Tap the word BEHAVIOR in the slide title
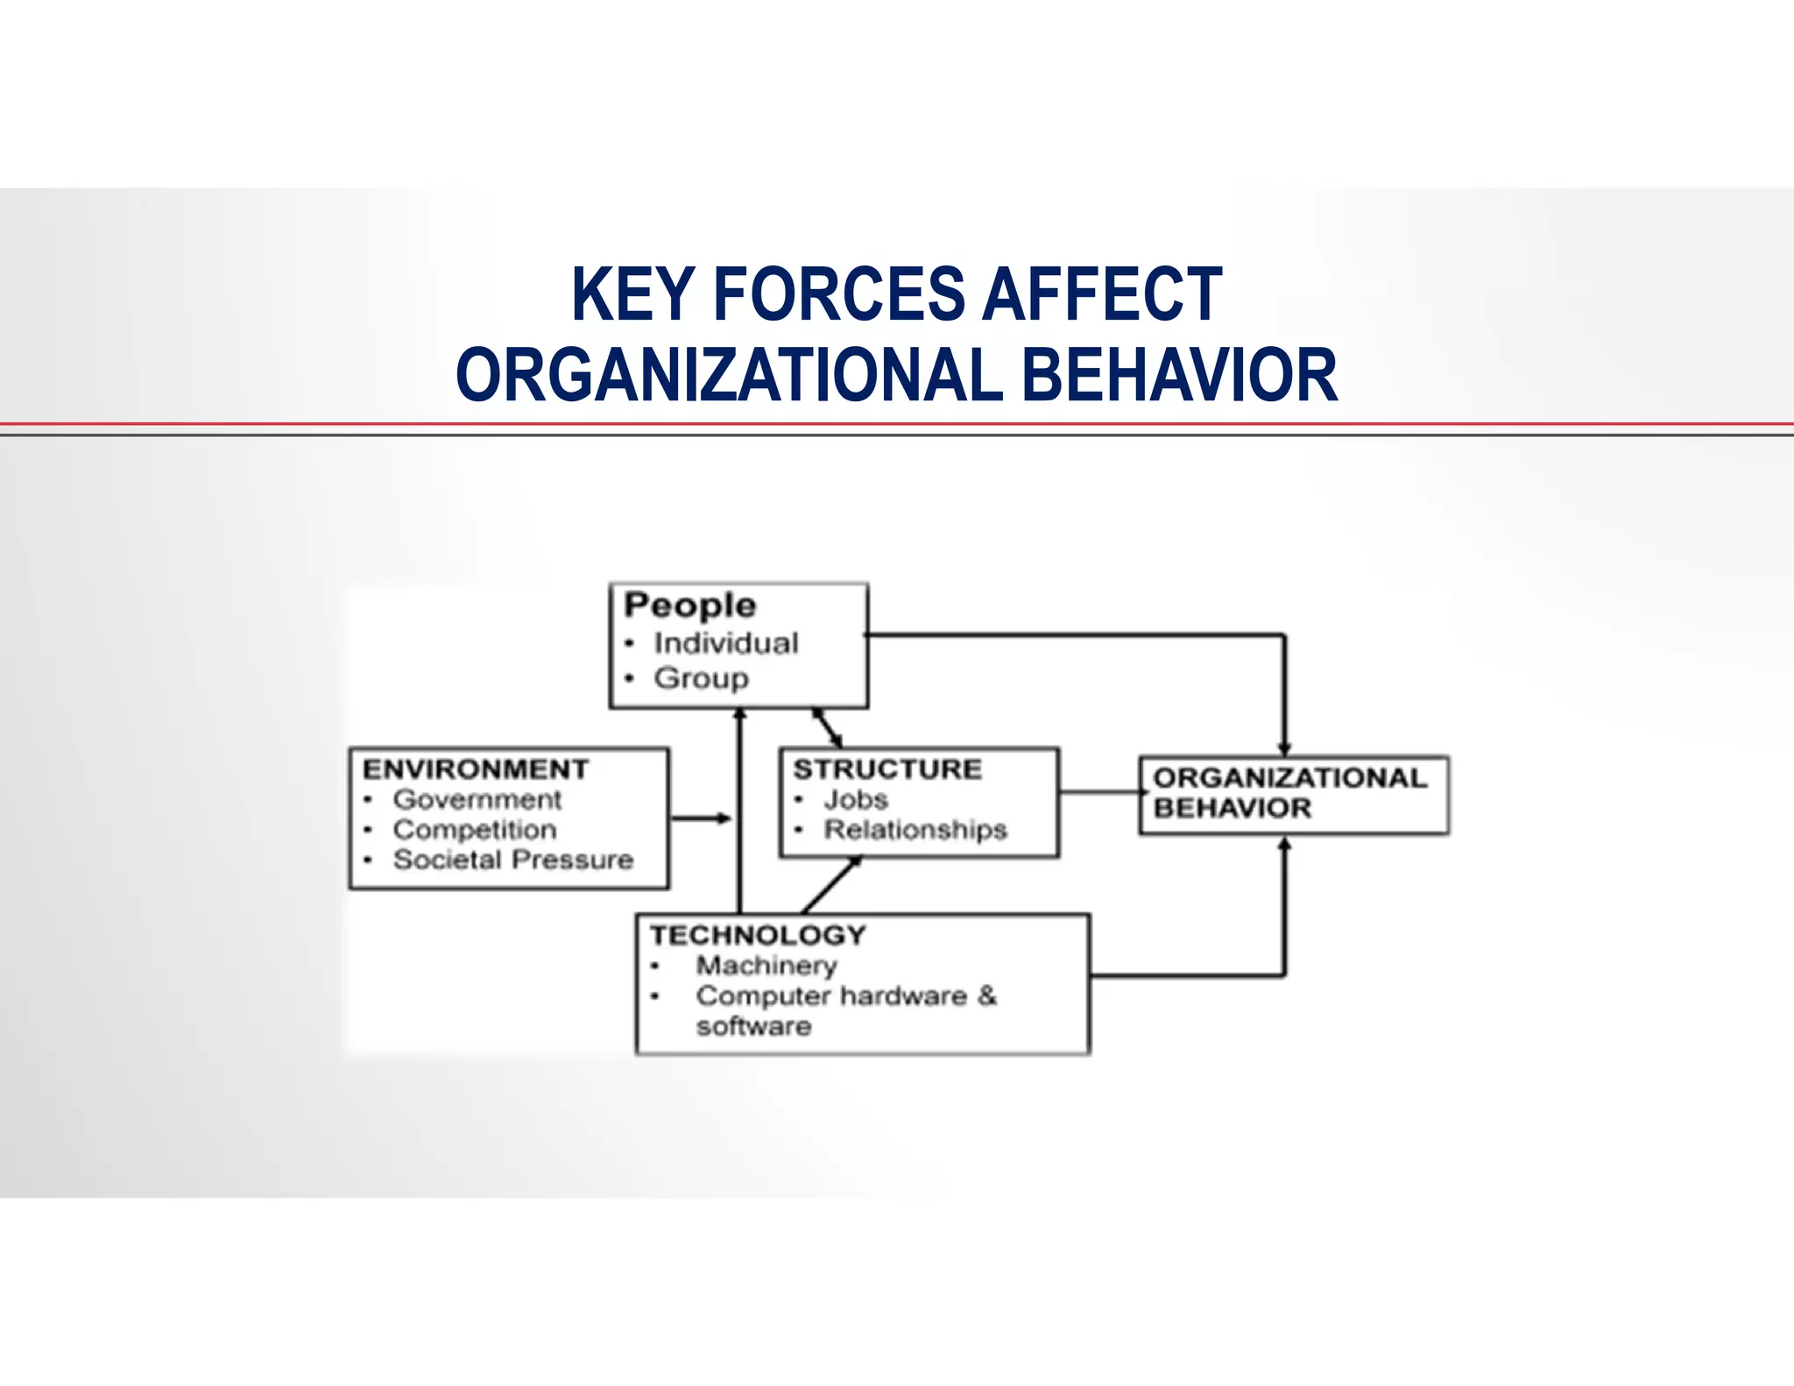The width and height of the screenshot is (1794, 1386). pyautogui.click(x=1179, y=375)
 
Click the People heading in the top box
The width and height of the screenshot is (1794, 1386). pyautogui.click(x=689, y=605)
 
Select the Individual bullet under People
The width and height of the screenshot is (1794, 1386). pyautogui.click(x=725, y=643)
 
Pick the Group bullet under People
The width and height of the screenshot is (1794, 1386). pyautogui.click(x=701, y=678)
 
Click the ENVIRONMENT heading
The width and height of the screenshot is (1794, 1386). pyautogui.click(x=476, y=769)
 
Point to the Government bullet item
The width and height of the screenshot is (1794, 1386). pyautogui.click(x=477, y=800)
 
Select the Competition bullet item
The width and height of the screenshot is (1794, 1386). pyautogui.click(x=474, y=830)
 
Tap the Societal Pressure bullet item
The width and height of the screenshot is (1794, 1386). pyautogui.click(x=512, y=859)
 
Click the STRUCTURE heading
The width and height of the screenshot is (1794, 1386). pyautogui.click(x=887, y=769)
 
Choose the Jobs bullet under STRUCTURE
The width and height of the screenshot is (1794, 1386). pyautogui.click(x=855, y=800)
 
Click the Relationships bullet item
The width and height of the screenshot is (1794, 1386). pyautogui.click(x=915, y=830)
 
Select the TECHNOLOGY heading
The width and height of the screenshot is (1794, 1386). pyautogui.click(x=758, y=935)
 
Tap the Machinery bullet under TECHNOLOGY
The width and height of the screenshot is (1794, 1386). pyautogui.click(x=766, y=965)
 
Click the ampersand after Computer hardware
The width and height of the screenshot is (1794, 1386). pyautogui.click(x=987, y=995)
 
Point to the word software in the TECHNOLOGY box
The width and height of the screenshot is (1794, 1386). pyautogui.click(x=753, y=1026)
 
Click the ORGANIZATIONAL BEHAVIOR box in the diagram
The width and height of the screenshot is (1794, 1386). pyautogui.click(x=1293, y=795)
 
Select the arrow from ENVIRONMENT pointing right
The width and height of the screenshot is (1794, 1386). pyautogui.click(x=700, y=818)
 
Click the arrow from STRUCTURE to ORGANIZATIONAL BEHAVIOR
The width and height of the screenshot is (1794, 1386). pyautogui.click(x=1098, y=793)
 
